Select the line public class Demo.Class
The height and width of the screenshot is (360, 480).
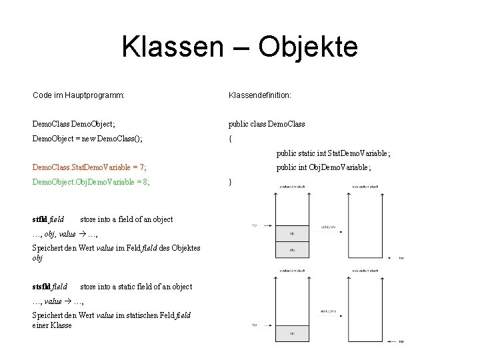click(266, 123)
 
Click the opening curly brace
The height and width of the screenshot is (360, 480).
click(230, 139)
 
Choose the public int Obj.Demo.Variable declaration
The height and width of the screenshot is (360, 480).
click(323, 169)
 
